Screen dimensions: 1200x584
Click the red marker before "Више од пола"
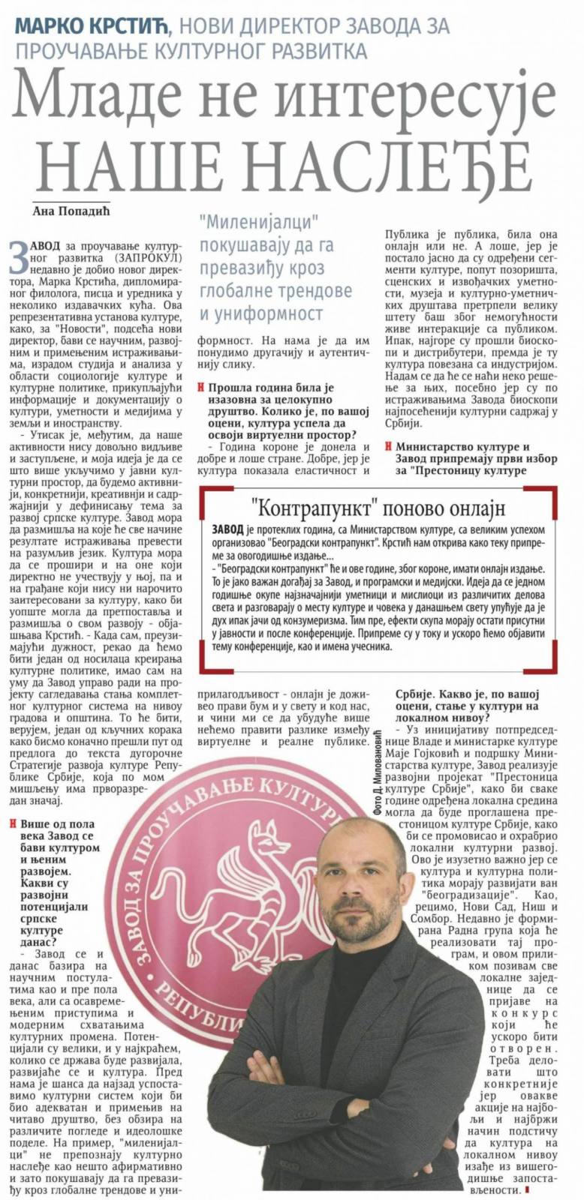tap(14, 823)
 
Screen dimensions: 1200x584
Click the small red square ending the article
tap(527, 1189)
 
